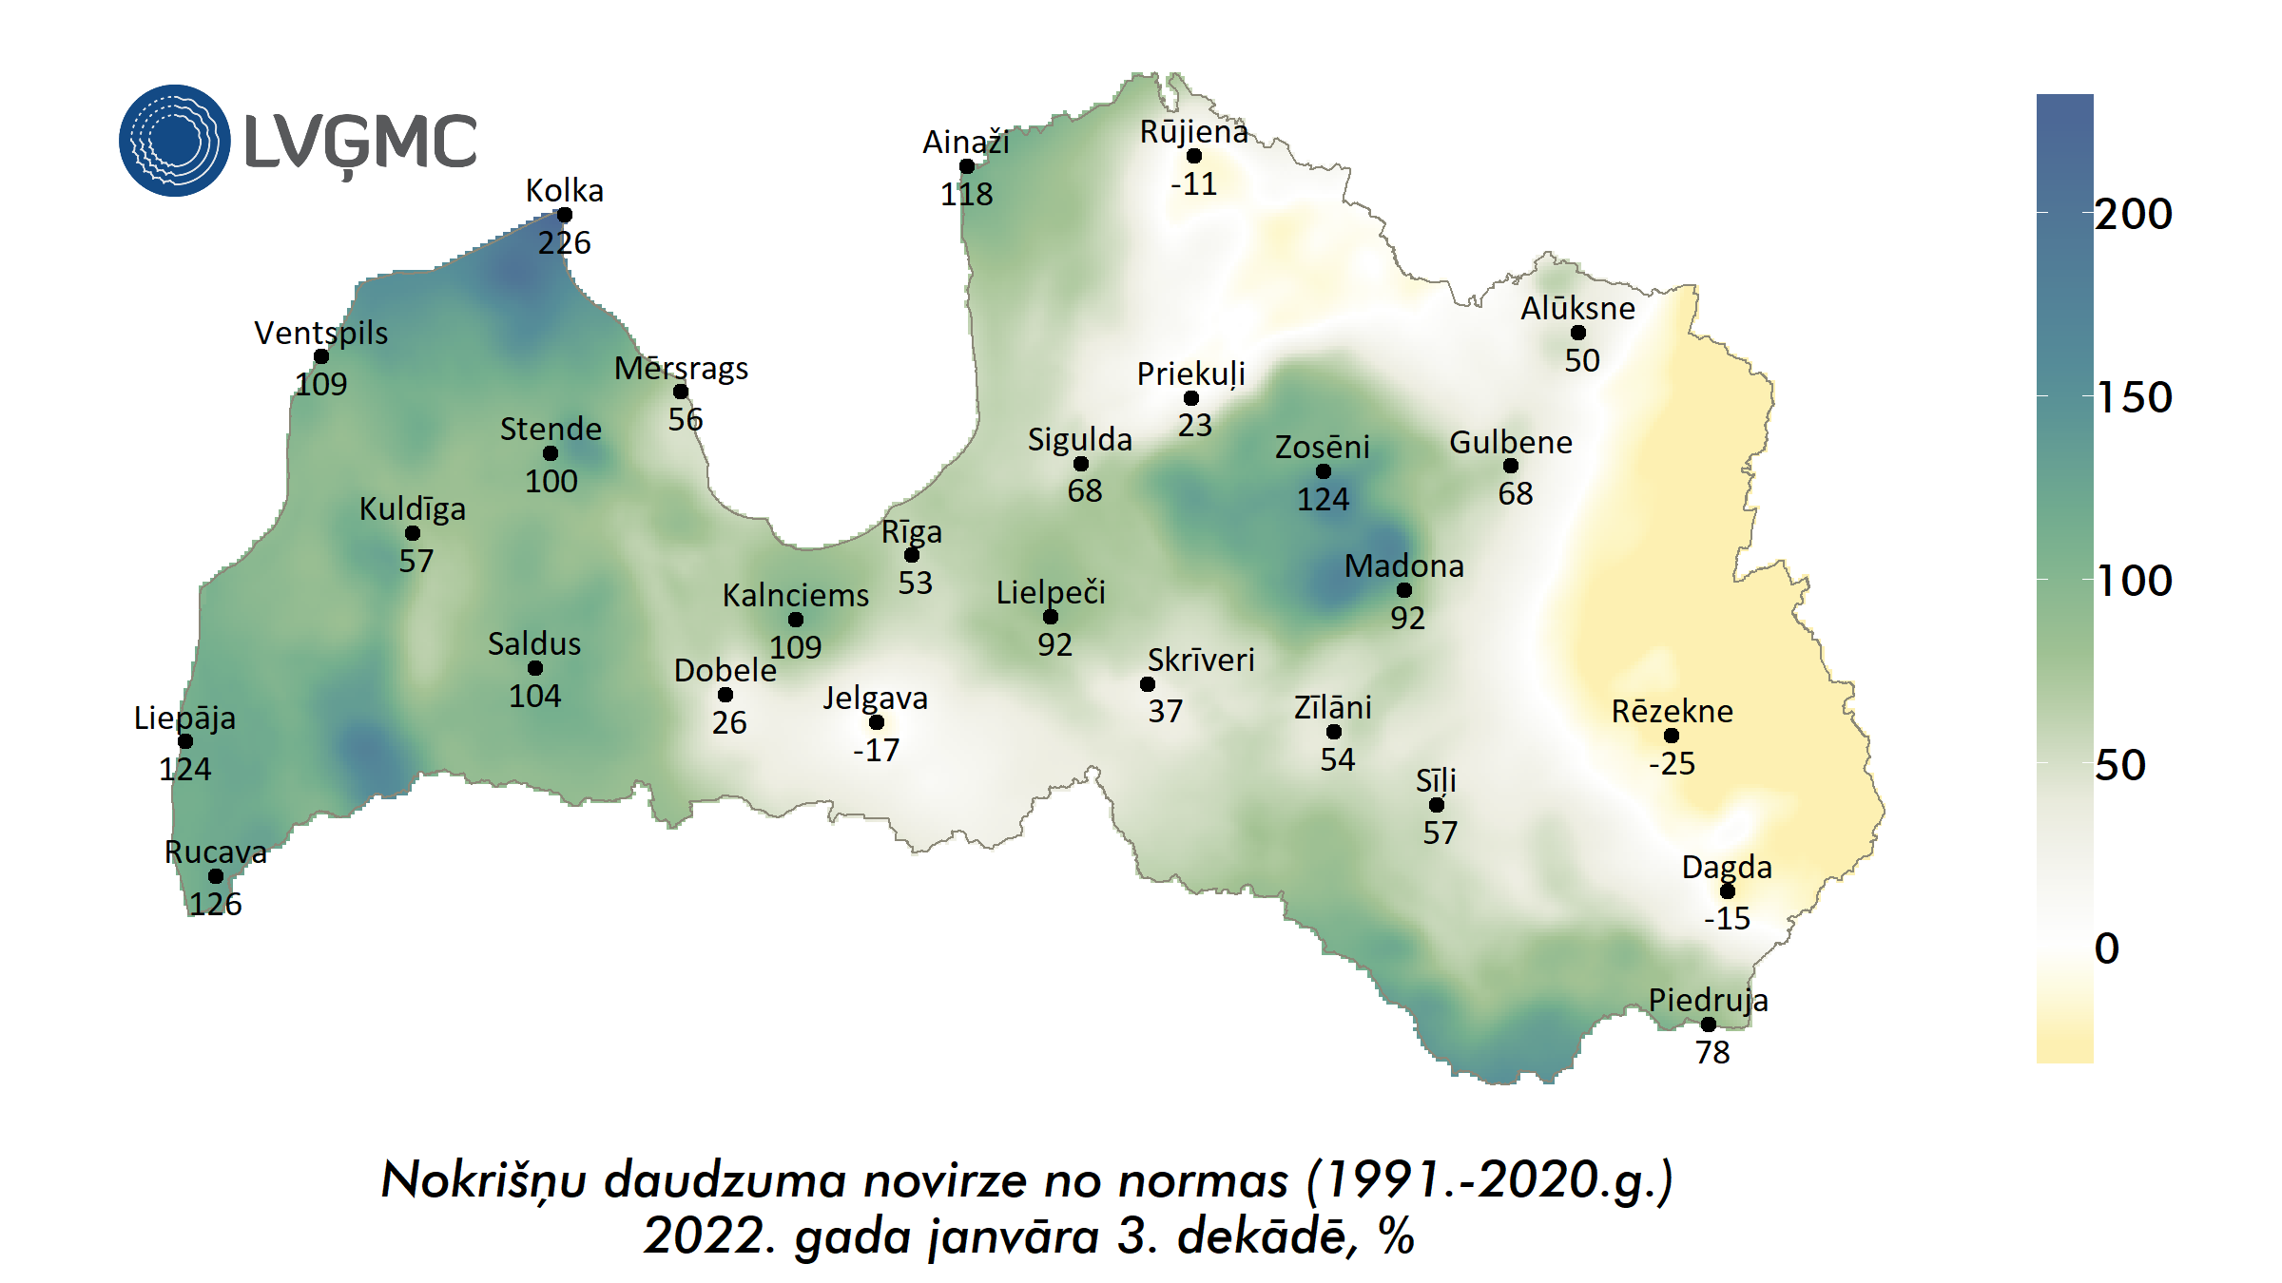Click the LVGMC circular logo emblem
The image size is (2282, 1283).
tap(174, 141)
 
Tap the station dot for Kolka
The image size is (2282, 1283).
tap(565, 215)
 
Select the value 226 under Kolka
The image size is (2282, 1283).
tap(565, 243)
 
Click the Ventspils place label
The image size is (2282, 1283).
tap(321, 333)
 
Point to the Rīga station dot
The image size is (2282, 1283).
tap(912, 555)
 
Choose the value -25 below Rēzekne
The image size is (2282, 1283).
tap(1673, 763)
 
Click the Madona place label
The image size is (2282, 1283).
tap(1404, 566)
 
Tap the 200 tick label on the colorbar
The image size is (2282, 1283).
tap(2134, 214)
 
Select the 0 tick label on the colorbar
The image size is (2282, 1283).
tap(2107, 948)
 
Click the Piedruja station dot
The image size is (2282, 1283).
tap(1709, 1024)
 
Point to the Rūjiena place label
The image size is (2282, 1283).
tap(1194, 132)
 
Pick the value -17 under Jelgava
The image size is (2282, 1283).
tap(876, 751)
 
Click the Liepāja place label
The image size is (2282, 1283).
tap(184, 718)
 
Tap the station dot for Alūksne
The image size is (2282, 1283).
tap(1578, 333)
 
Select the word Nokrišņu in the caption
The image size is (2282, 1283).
tap(483, 1181)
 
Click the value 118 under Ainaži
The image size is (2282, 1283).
tap(967, 195)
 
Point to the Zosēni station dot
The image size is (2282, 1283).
tap(1324, 471)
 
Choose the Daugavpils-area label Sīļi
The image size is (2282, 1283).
tap(1436, 781)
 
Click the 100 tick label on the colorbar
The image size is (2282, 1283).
tap(2134, 581)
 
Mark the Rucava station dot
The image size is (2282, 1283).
tap(216, 876)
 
